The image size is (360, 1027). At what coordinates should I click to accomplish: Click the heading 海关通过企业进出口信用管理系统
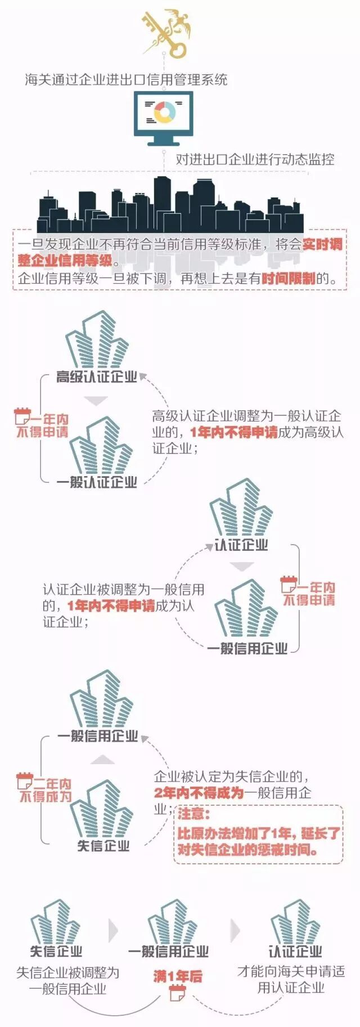click(126, 79)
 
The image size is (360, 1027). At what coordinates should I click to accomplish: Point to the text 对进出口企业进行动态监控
click(255, 159)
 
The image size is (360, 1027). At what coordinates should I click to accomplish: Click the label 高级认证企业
click(97, 377)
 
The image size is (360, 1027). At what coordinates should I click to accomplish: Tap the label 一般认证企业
click(97, 482)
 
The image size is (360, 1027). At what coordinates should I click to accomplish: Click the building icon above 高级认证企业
click(97, 340)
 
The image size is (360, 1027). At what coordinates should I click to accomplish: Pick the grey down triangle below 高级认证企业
click(96, 401)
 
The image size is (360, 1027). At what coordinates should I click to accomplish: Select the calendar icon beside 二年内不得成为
click(24, 781)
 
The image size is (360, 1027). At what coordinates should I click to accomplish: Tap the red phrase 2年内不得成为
click(199, 793)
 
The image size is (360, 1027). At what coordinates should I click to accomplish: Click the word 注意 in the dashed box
click(193, 814)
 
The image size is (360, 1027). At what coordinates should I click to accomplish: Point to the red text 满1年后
click(178, 976)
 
